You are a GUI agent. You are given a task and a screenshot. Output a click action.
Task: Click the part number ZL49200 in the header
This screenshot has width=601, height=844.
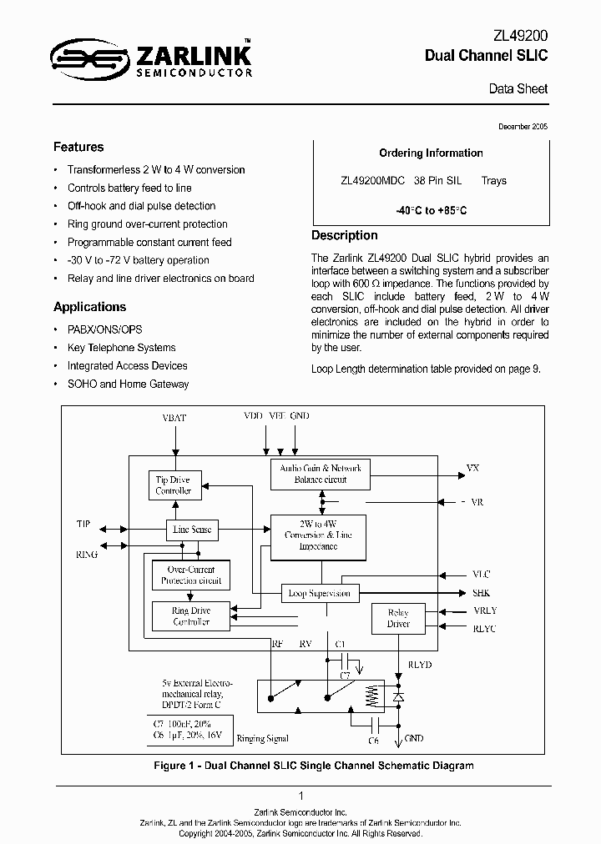(x=520, y=37)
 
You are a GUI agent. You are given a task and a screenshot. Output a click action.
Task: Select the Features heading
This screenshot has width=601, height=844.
(x=78, y=147)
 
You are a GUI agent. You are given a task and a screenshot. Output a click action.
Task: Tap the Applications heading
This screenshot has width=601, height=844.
(x=89, y=306)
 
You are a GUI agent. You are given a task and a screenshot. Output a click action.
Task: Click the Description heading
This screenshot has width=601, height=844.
(x=344, y=235)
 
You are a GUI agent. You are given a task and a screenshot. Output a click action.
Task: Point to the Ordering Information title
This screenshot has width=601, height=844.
(x=431, y=153)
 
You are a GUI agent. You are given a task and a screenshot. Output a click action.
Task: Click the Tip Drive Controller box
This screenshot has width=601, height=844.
(x=174, y=485)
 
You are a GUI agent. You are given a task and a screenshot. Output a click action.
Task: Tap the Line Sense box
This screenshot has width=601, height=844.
(x=191, y=530)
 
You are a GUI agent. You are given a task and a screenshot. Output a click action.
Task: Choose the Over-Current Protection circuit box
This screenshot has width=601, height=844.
(x=191, y=575)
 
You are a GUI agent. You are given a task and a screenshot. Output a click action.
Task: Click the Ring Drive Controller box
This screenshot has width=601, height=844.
(x=191, y=616)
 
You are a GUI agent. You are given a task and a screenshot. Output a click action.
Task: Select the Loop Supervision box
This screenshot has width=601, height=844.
(x=320, y=593)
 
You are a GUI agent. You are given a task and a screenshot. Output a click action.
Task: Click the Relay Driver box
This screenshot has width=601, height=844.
(x=398, y=618)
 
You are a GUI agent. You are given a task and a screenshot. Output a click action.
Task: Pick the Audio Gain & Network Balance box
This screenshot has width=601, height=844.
(x=321, y=475)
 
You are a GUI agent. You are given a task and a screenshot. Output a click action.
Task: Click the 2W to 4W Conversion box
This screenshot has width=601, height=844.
(x=317, y=535)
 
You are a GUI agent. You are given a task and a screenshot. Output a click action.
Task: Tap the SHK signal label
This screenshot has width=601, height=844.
(x=482, y=592)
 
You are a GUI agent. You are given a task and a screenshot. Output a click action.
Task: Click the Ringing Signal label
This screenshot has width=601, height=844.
(x=262, y=738)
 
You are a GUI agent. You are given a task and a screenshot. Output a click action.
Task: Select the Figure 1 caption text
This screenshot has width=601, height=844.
(x=314, y=765)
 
